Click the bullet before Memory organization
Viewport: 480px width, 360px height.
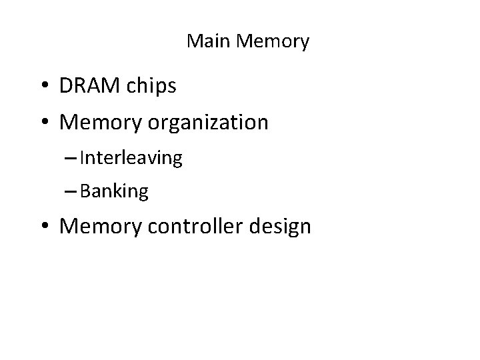pos(46,123)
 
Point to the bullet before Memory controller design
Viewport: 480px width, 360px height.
pos(46,227)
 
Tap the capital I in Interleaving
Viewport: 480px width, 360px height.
pos(81,157)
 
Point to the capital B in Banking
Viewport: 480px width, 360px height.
pos(83,192)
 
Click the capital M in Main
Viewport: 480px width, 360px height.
pos(193,42)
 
